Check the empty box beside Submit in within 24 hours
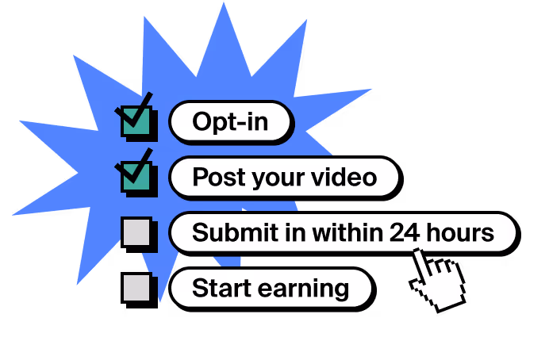136,232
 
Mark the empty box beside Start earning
136,286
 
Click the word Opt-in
230,122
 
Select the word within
345,233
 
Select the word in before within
290,233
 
